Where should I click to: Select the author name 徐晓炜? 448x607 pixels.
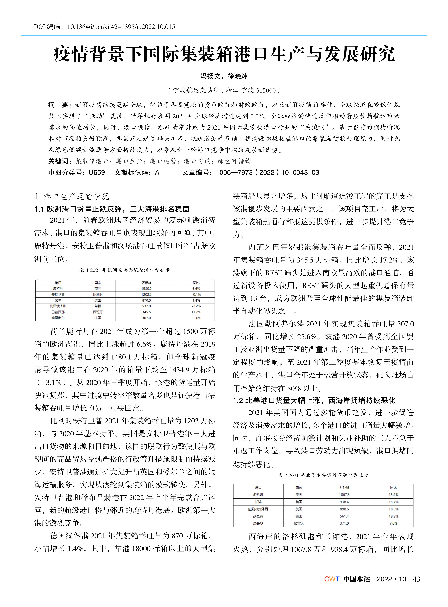238,76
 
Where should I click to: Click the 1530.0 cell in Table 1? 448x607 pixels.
146,289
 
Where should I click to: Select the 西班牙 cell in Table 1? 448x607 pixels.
98,312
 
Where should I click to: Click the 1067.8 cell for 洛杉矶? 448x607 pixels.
344,494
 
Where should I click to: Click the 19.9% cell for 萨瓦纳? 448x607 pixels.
393,516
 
